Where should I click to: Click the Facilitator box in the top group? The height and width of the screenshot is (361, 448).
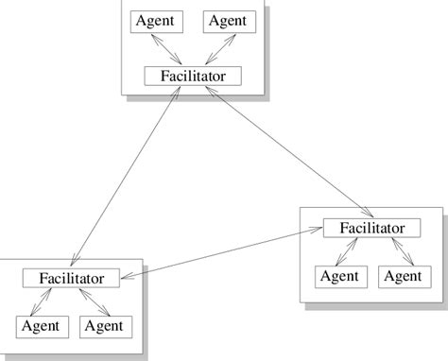[192, 75]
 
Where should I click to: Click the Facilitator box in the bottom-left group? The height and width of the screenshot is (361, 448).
[71, 278]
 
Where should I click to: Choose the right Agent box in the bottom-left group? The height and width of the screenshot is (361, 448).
[105, 326]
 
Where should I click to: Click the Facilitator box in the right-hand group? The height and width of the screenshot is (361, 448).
[370, 228]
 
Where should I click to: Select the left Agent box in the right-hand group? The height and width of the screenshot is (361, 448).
[338, 276]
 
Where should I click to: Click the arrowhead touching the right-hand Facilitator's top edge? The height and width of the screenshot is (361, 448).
[368, 215]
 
